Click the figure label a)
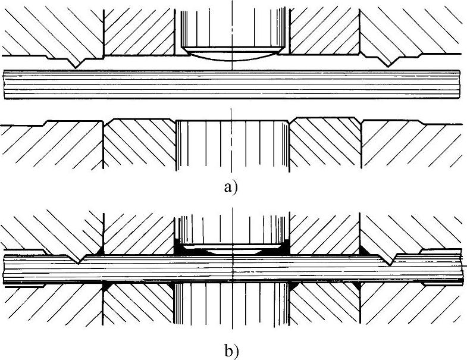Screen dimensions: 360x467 231,187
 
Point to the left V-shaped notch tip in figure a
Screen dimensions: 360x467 76,65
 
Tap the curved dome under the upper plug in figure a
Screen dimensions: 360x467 233,58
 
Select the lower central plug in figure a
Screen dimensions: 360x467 233,146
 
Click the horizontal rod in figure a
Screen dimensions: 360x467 233,85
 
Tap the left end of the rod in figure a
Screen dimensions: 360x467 5,85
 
